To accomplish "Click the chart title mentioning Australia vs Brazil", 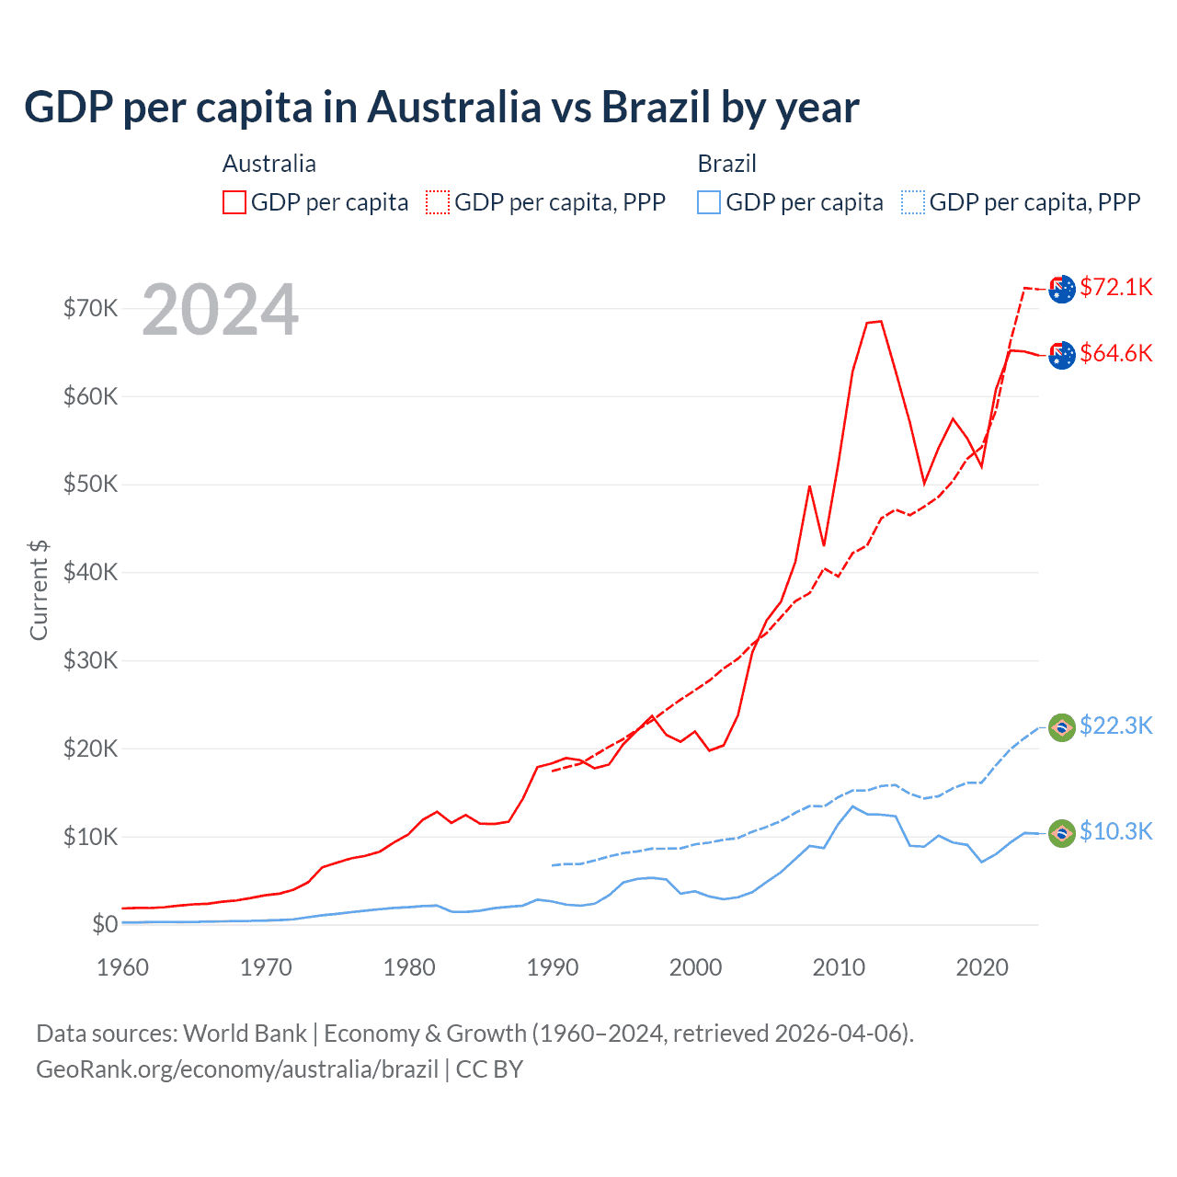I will point(441,108).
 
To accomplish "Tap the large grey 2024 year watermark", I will point(220,311).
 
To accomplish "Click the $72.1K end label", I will point(1115,287).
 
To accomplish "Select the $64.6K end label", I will point(1115,353).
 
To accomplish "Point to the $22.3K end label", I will point(1115,726).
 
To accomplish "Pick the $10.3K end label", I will point(1115,831).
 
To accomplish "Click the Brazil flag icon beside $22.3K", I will point(1062,727).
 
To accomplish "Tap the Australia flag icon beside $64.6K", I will point(1062,355).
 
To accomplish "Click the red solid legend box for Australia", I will point(234,202).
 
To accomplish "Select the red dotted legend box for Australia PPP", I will point(438,202).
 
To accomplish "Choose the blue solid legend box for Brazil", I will point(709,202).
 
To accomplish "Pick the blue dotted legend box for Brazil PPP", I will point(913,202).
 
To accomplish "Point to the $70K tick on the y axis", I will point(91,308).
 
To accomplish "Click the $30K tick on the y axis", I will point(91,660).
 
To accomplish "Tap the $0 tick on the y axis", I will point(105,924).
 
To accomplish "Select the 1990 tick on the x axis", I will point(553,967).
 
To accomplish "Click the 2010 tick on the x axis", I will point(839,967).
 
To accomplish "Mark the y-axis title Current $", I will point(39,590).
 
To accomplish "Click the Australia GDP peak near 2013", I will point(880,321).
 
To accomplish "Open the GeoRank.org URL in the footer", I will point(237,1069).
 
